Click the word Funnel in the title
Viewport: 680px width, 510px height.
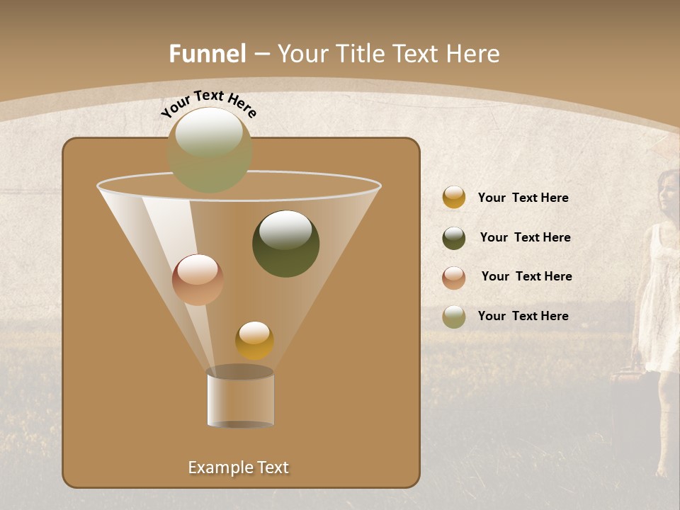207,54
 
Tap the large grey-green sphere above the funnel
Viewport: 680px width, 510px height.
210,149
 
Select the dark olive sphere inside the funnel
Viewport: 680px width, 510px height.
285,244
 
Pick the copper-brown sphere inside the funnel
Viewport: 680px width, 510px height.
198,280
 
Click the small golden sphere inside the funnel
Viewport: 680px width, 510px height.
254,340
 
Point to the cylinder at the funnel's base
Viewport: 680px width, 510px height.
240,398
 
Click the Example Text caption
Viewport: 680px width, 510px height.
238,467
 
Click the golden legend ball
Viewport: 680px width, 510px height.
454,197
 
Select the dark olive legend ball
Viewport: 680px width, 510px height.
454,238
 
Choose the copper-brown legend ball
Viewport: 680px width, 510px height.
454,277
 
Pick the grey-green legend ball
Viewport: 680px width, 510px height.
454,316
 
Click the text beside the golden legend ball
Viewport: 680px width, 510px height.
523,198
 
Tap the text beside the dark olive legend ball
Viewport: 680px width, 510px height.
525,237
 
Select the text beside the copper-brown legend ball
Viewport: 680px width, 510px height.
526,276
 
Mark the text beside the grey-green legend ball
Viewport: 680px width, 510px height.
523,316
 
